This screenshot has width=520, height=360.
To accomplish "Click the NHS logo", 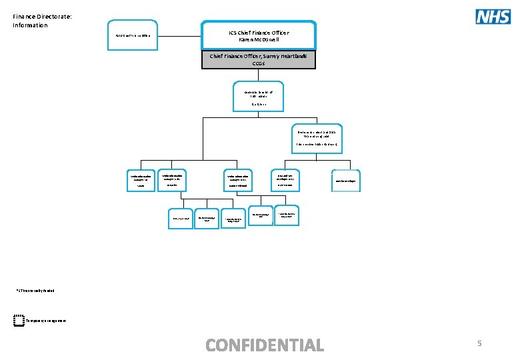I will pyautogui.click(x=493, y=16).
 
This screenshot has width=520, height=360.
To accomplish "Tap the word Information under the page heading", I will pyautogui.click(x=30, y=25).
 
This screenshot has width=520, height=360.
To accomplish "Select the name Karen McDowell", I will pyautogui.click(x=259, y=39).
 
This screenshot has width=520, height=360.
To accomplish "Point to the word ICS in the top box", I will pyautogui.click(x=233, y=31).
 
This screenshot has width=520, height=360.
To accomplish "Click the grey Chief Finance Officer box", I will pyautogui.click(x=259, y=60).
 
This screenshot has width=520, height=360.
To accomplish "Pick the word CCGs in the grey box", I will pyautogui.click(x=259, y=64).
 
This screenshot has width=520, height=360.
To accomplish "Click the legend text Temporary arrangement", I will pyautogui.click(x=47, y=321).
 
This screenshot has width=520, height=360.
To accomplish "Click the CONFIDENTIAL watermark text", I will pyautogui.click(x=265, y=345).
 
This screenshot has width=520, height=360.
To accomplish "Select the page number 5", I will pyautogui.click(x=479, y=343).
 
